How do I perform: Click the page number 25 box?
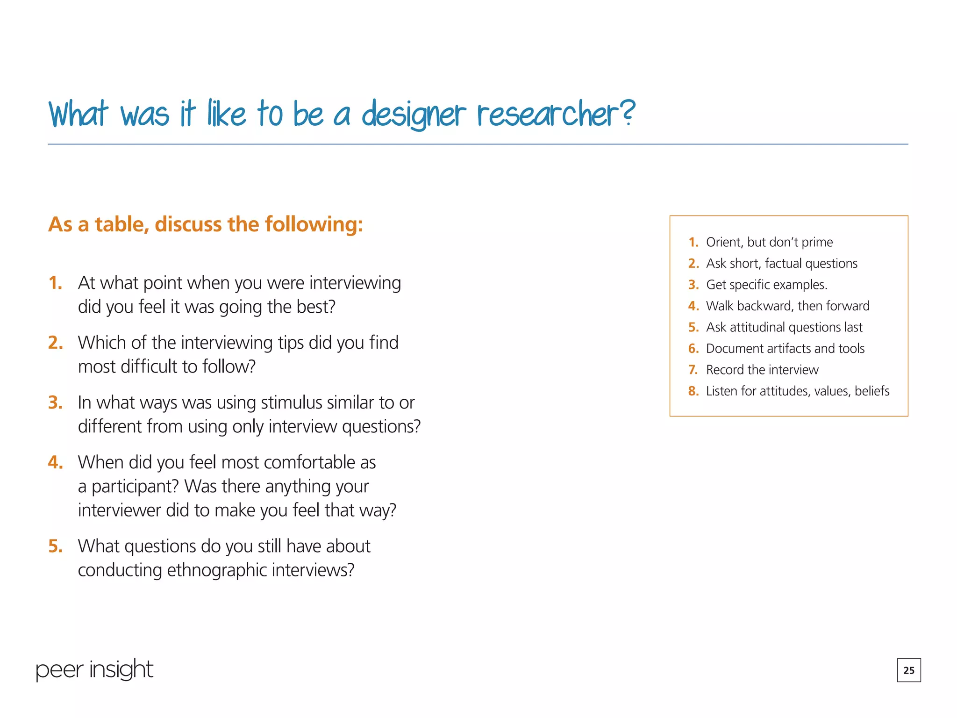coord(908,670)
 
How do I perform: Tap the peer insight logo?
coord(94,669)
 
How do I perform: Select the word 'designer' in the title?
coord(414,115)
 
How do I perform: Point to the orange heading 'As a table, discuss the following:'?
coord(206,224)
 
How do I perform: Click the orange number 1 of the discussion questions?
coord(55,283)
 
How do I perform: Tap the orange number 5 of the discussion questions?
coord(55,546)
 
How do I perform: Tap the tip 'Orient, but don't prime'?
coord(769,242)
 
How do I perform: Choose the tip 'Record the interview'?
coord(762,370)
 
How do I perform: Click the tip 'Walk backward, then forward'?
coord(787,306)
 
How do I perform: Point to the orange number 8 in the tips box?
coord(693,391)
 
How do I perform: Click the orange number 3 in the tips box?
coord(693,285)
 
